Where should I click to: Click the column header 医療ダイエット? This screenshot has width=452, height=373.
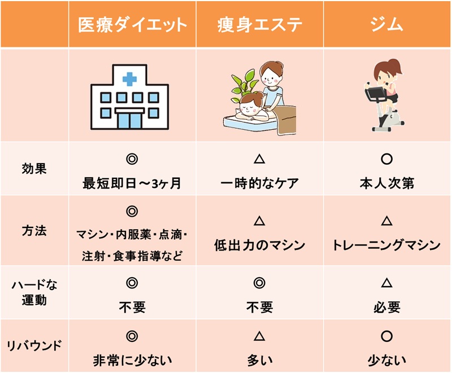[x=132, y=24]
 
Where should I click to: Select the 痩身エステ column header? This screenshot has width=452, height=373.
[x=260, y=24]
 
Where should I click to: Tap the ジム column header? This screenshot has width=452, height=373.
[x=387, y=24]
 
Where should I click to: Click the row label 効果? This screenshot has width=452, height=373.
[x=34, y=168]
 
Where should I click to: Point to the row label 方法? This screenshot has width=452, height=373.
[x=34, y=231]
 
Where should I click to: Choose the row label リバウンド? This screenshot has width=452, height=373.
[x=34, y=345]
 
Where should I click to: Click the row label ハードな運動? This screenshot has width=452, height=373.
[x=34, y=292]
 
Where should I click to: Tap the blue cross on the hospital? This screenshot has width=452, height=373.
[x=129, y=79]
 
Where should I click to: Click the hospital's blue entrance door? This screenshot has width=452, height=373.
[x=131, y=120]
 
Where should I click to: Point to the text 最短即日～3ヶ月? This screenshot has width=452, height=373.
[x=132, y=183]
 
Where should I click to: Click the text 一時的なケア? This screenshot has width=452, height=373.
[x=259, y=183]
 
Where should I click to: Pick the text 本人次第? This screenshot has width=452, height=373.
[x=387, y=183]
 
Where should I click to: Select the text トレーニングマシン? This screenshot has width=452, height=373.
[x=386, y=245]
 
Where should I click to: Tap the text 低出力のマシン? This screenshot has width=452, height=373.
[x=259, y=245]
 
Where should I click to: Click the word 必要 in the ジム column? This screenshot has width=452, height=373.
[x=387, y=308]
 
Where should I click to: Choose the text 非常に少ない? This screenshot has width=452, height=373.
[x=132, y=361]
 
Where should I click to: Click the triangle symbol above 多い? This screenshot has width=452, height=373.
[x=259, y=336]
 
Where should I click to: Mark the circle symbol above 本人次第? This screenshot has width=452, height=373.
[x=387, y=159]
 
